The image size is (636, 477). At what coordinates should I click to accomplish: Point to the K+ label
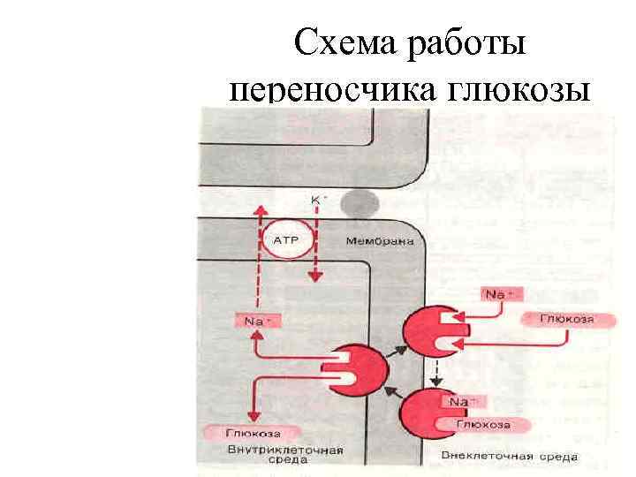(317, 200)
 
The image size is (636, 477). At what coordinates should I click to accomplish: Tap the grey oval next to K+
(360, 204)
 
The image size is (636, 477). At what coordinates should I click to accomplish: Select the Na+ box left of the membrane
(255, 322)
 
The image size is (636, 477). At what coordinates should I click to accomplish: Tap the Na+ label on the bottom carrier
(459, 403)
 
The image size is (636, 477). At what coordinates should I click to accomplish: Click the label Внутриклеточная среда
(284, 453)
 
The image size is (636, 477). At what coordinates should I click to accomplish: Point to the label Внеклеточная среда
(508, 457)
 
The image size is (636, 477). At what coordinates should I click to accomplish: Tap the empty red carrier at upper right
(430, 331)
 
